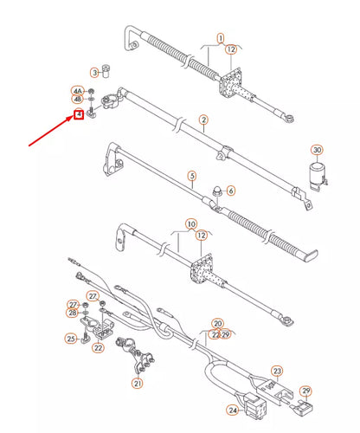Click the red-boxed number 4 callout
click(x=79, y=114)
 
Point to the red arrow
click(x=51, y=131)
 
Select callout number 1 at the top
click(x=221, y=38)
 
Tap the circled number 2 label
click(x=203, y=120)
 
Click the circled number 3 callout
click(x=94, y=73)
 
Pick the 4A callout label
click(x=78, y=91)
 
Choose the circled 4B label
click(x=78, y=100)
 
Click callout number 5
click(x=192, y=176)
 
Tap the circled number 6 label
click(x=231, y=191)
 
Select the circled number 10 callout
click(x=191, y=224)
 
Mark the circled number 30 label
click(x=317, y=150)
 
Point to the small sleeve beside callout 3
click(x=107, y=71)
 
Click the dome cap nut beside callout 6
click(x=216, y=191)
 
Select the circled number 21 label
click(x=138, y=384)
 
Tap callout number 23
click(x=277, y=371)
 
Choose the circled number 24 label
click(x=233, y=410)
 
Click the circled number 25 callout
click(x=71, y=339)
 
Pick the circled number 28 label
click(x=73, y=313)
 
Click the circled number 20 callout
click(x=218, y=324)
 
